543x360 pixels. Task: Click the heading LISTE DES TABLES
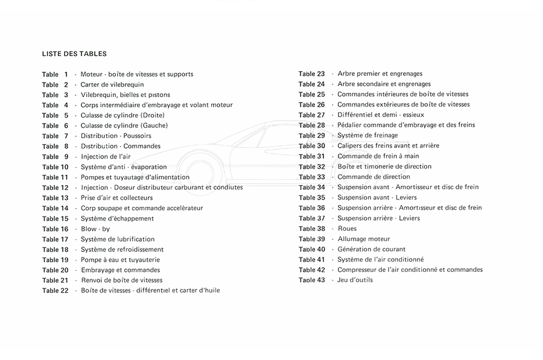tap(75, 54)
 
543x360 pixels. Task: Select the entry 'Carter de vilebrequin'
tap(112, 84)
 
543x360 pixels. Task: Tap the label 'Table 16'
tap(55, 229)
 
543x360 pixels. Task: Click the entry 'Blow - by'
tap(95, 229)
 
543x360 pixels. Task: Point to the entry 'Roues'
tap(347, 229)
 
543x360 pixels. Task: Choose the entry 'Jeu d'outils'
tap(355, 280)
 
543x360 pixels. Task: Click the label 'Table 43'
tap(311, 280)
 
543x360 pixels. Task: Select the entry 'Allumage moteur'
tap(363, 239)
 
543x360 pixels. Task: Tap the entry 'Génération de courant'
tap(371, 249)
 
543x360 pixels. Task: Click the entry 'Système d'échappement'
tap(117, 218)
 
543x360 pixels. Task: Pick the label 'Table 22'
tap(55, 291)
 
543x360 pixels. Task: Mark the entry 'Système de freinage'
tap(367, 135)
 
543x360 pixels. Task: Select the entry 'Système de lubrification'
tap(118, 239)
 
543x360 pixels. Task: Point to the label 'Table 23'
tap(311, 74)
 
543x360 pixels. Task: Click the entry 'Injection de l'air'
tap(106, 157)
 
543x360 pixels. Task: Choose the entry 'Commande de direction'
tap(373, 177)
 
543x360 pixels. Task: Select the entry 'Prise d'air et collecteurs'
tap(116, 198)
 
